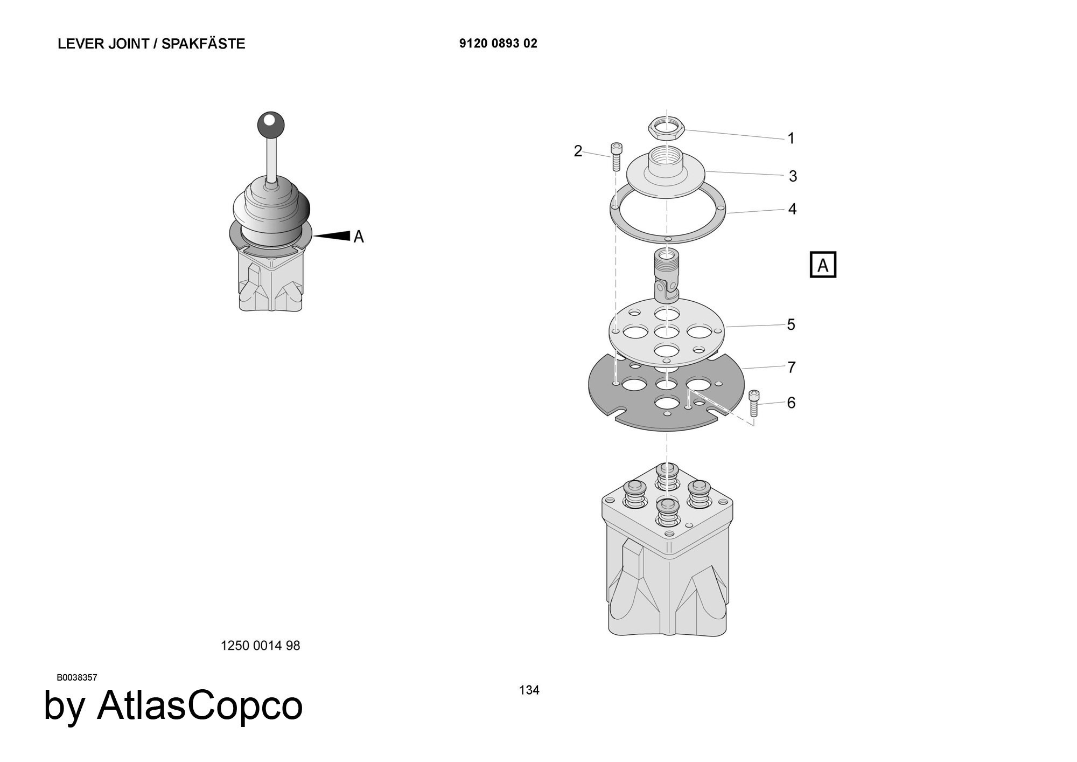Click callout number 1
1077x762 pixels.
(791, 138)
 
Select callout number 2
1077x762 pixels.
(578, 151)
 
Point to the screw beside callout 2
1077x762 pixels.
(616, 157)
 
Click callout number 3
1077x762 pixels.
(793, 176)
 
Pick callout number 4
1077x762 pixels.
(792, 209)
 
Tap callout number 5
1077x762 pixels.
(791, 324)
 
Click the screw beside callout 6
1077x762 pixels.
(754, 403)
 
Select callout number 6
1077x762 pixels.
(791, 403)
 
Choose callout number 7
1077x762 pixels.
(792, 367)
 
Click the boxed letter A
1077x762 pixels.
(823, 265)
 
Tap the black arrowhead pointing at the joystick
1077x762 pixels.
(332, 235)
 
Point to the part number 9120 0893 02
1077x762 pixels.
(498, 44)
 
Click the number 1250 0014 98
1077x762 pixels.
(260, 645)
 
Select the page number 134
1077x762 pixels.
(529, 690)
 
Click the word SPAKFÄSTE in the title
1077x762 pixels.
(203, 43)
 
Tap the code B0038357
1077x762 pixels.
(77, 677)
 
